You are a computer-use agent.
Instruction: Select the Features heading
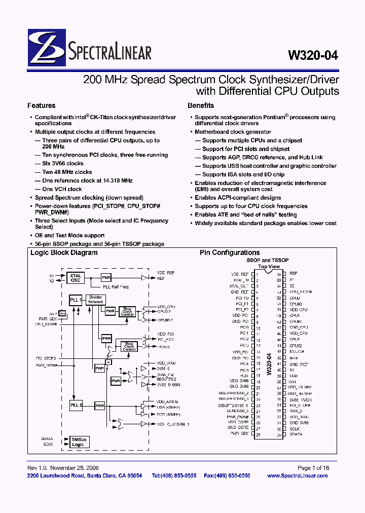(41, 105)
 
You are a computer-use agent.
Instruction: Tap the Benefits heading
(201, 105)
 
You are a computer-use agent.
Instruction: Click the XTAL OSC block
(76, 278)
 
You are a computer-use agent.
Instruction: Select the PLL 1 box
(76, 300)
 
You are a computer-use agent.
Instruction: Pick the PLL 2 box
(76, 405)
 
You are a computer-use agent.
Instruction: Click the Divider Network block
(95, 299)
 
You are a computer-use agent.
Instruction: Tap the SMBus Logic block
(78, 442)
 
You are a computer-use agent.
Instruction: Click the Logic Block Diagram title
(64, 252)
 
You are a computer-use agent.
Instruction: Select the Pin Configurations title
(230, 252)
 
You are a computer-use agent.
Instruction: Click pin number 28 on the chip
(258, 434)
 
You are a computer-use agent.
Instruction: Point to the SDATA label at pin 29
(296, 434)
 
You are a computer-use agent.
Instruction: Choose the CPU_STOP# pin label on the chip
(301, 292)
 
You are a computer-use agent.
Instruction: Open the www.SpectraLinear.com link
(297, 475)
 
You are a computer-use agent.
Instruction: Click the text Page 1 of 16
(313, 468)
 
